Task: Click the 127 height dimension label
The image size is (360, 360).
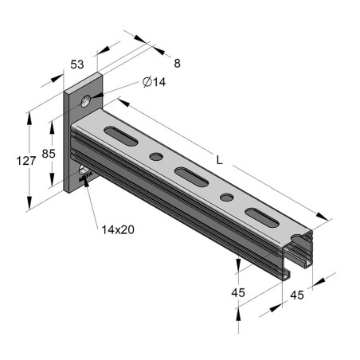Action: [27, 161]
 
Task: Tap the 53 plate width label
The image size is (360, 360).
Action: [76, 64]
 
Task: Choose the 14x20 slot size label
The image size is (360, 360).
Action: [118, 229]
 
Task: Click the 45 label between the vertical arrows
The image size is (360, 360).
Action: [238, 293]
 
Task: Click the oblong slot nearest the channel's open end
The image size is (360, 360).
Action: [259, 214]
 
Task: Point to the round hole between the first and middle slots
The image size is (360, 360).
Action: [157, 156]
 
